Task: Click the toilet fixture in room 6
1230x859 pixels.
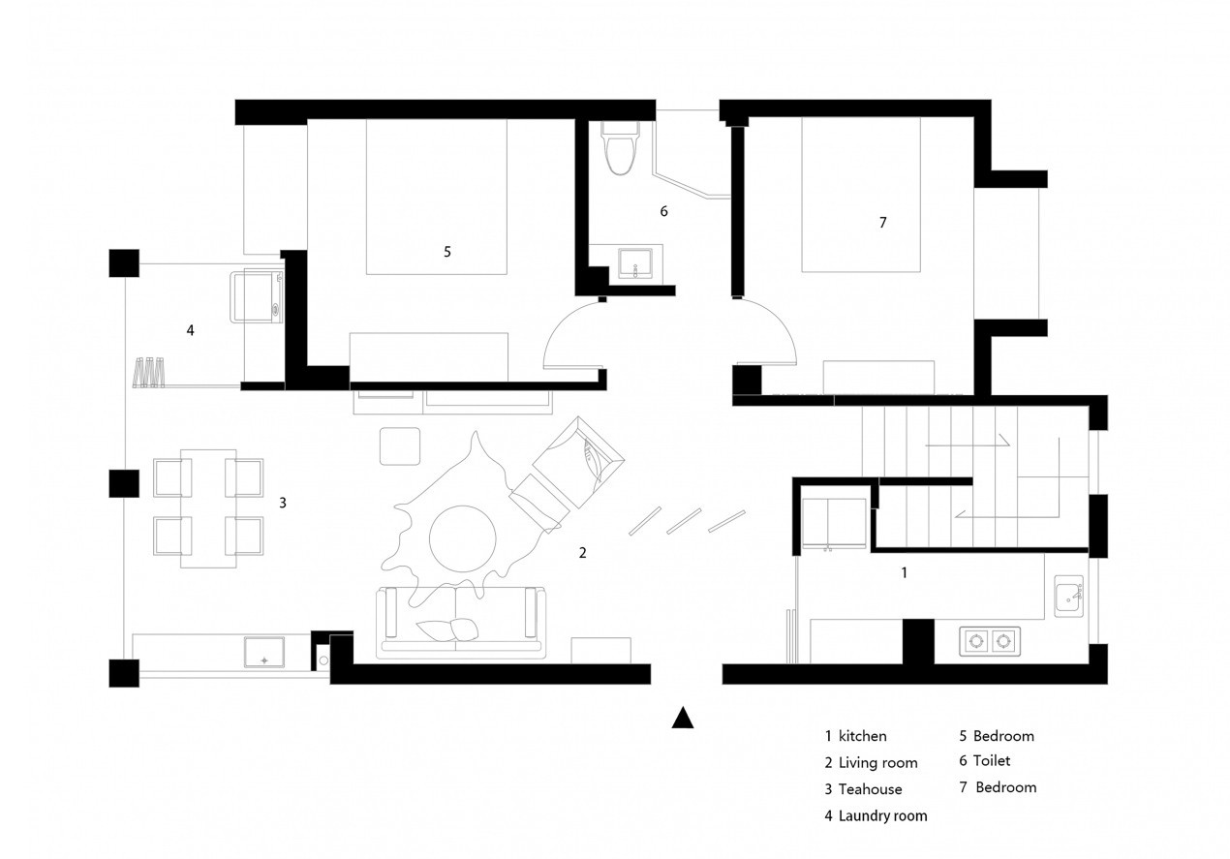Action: pyautogui.click(x=621, y=147)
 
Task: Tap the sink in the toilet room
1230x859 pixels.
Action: pyautogui.click(x=635, y=263)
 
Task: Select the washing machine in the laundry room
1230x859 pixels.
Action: pyautogui.click(x=257, y=296)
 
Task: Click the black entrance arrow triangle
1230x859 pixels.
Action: pyautogui.click(x=683, y=718)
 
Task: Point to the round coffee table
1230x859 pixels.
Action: pyautogui.click(x=462, y=538)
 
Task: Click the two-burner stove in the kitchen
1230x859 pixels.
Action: pyautogui.click(x=990, y=641)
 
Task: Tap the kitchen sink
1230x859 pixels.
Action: pyautogui.click(x=1068, y=596)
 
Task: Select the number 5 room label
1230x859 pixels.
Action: pyautogui.click(x=447, y=252)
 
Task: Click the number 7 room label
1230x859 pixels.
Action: pyautogui.click(x=883, y=223)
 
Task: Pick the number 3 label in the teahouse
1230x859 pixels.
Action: pyautogui.click(x=283, y=503)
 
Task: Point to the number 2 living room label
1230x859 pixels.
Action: pyautogui.click(x=583, y=553)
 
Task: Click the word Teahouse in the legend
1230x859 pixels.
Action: pyautogui.click(x=871, y=789)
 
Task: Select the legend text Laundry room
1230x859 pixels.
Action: pyautogui.click(x=883, y=816)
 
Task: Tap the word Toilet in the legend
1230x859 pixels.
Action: pyautogui.click(x=992, y=760)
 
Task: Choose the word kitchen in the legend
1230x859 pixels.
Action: pyautogui.click(x=863, y=736)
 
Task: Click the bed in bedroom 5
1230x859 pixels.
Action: pyautogui.click(x=437, y=197)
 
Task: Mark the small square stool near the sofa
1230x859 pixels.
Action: pyautogui.click(x=400, y=446)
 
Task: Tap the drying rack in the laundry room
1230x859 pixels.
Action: pyautogui.click(x=149, y=373)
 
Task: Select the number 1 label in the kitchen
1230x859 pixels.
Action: pyautogui.click(x=905, y=573)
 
